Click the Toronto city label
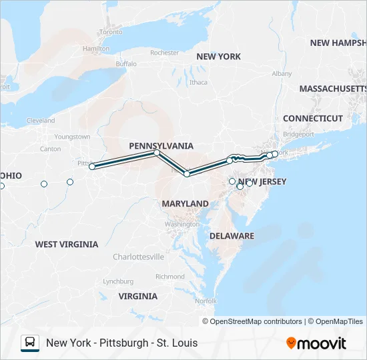111,31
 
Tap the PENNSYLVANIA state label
161,145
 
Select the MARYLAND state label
185,203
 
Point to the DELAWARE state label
232,236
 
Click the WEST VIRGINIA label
67,245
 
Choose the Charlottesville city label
138,257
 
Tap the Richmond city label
169,277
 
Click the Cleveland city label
41,121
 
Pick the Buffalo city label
126,64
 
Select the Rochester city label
165,53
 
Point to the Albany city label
282,73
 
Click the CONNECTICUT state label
312,118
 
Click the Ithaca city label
198,83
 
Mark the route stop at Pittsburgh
92,167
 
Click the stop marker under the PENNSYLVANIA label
157,153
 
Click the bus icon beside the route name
30,343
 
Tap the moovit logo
316,343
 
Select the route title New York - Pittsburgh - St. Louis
121,343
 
